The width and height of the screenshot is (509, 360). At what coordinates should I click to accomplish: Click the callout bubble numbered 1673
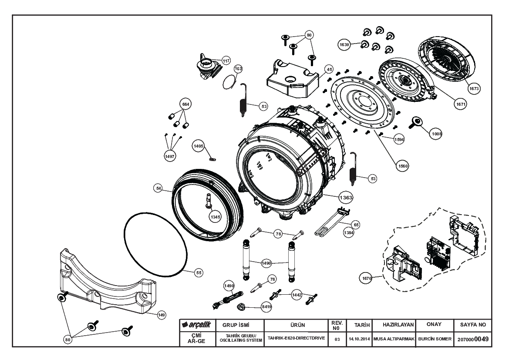pyautogui.click(x=474, y=88)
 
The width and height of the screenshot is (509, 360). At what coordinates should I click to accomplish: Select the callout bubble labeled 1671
pyautogui.click(x=461, y=104)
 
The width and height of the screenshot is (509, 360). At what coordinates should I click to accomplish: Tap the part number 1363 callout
pyautogui.click(x=346, y=197)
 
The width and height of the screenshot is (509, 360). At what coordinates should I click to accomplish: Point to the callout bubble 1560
pyautogui.click(x=402, y=166)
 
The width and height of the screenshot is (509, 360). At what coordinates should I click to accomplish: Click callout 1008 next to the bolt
pyautogui.click(x=437, y=133)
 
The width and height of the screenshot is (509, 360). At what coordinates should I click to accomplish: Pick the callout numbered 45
pyautogui.click(x=329, y=69)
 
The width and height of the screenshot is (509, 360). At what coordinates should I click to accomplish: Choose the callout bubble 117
pyautogui.click(x=226, y=61)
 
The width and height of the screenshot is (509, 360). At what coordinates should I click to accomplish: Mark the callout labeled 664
pyautogui.click(x=185, y=104)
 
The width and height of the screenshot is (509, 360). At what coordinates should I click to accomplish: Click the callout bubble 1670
pyautogui.click(x=367, y=278)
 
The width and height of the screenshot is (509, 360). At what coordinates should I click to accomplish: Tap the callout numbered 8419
pyautogui.click(x=266, y=306)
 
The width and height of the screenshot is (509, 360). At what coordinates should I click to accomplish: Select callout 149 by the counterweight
pyautogui.click(x=162, y=315)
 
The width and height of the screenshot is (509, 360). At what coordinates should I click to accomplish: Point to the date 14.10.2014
pyautogui.click(x=359, y=339)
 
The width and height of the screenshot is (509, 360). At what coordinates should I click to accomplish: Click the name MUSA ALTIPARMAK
pyautogui.click(x=394, y=339)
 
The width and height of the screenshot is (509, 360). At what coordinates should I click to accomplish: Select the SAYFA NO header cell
pyautogui.click(x=473, y=325)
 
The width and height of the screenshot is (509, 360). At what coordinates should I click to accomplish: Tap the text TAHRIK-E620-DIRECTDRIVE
pyautogui.click(x=296, y=338)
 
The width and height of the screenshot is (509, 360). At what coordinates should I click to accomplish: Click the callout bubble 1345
pyautogui.click(x=215, y=217)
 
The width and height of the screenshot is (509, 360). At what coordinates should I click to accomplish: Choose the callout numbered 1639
pyautogui.click(x=344, y=44)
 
